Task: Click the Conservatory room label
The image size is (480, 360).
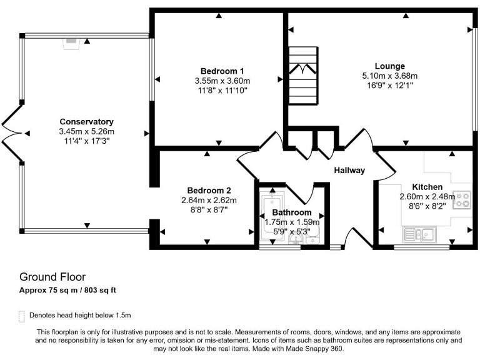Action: (86, 121)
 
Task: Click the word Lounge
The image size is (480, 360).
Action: (389, 66)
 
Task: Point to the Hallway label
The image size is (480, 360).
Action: (349, 171)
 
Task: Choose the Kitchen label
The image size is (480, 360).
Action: (427, 187)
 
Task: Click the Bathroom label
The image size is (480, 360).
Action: (291, 212)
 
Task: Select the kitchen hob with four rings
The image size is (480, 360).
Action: (462, 199)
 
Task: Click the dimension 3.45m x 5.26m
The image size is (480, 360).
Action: (86, 131)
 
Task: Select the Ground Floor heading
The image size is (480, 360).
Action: (52, 276)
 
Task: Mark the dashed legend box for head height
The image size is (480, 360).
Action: (22, 315)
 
